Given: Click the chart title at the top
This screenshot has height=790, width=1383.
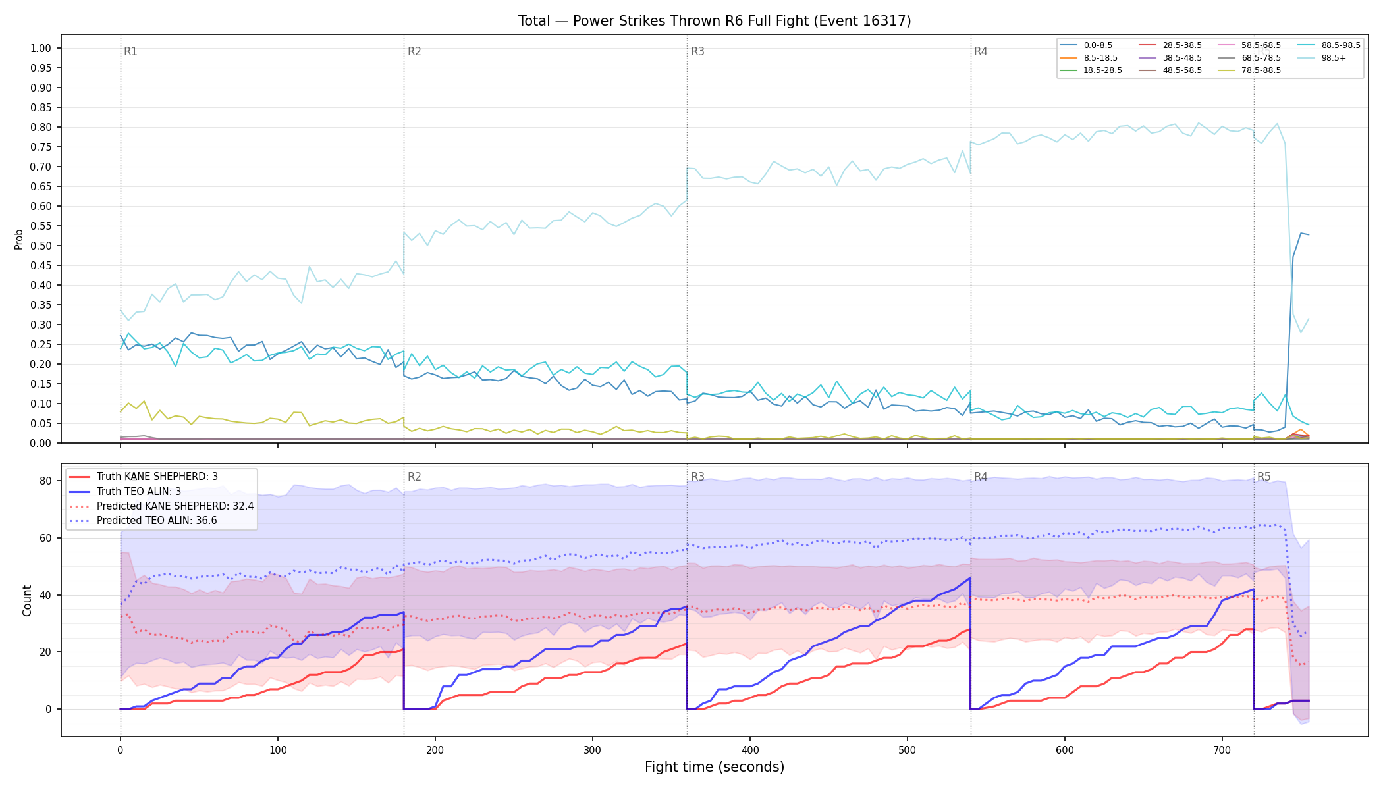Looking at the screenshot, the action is (x=715, y=21).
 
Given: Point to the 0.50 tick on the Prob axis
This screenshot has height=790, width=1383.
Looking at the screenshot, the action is (x=41, y=246).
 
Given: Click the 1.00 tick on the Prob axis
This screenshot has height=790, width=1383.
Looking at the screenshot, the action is (x=41, y=48).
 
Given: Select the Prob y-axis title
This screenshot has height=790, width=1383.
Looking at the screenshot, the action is (x=19, y=239).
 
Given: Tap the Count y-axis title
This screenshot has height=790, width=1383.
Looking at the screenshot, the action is (x=27, y=600).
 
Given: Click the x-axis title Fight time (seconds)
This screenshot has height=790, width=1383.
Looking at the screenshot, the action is (x=715, y=767).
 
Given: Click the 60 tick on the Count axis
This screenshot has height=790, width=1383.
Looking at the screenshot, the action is (x=45, y=538).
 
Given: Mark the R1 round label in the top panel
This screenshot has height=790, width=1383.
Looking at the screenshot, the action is (x=130, y=51).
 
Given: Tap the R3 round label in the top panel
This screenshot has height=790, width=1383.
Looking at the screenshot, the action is (x=697, y=51).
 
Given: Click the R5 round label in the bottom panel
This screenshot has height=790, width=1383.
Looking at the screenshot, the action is (x=1264, y=477).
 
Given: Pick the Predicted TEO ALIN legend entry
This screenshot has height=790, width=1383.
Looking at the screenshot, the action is (x=143, y=521).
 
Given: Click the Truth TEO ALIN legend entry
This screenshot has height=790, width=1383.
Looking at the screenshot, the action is (x=125, y=491).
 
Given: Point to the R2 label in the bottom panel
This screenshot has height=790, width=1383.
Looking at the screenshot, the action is (x=414, y=477).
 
